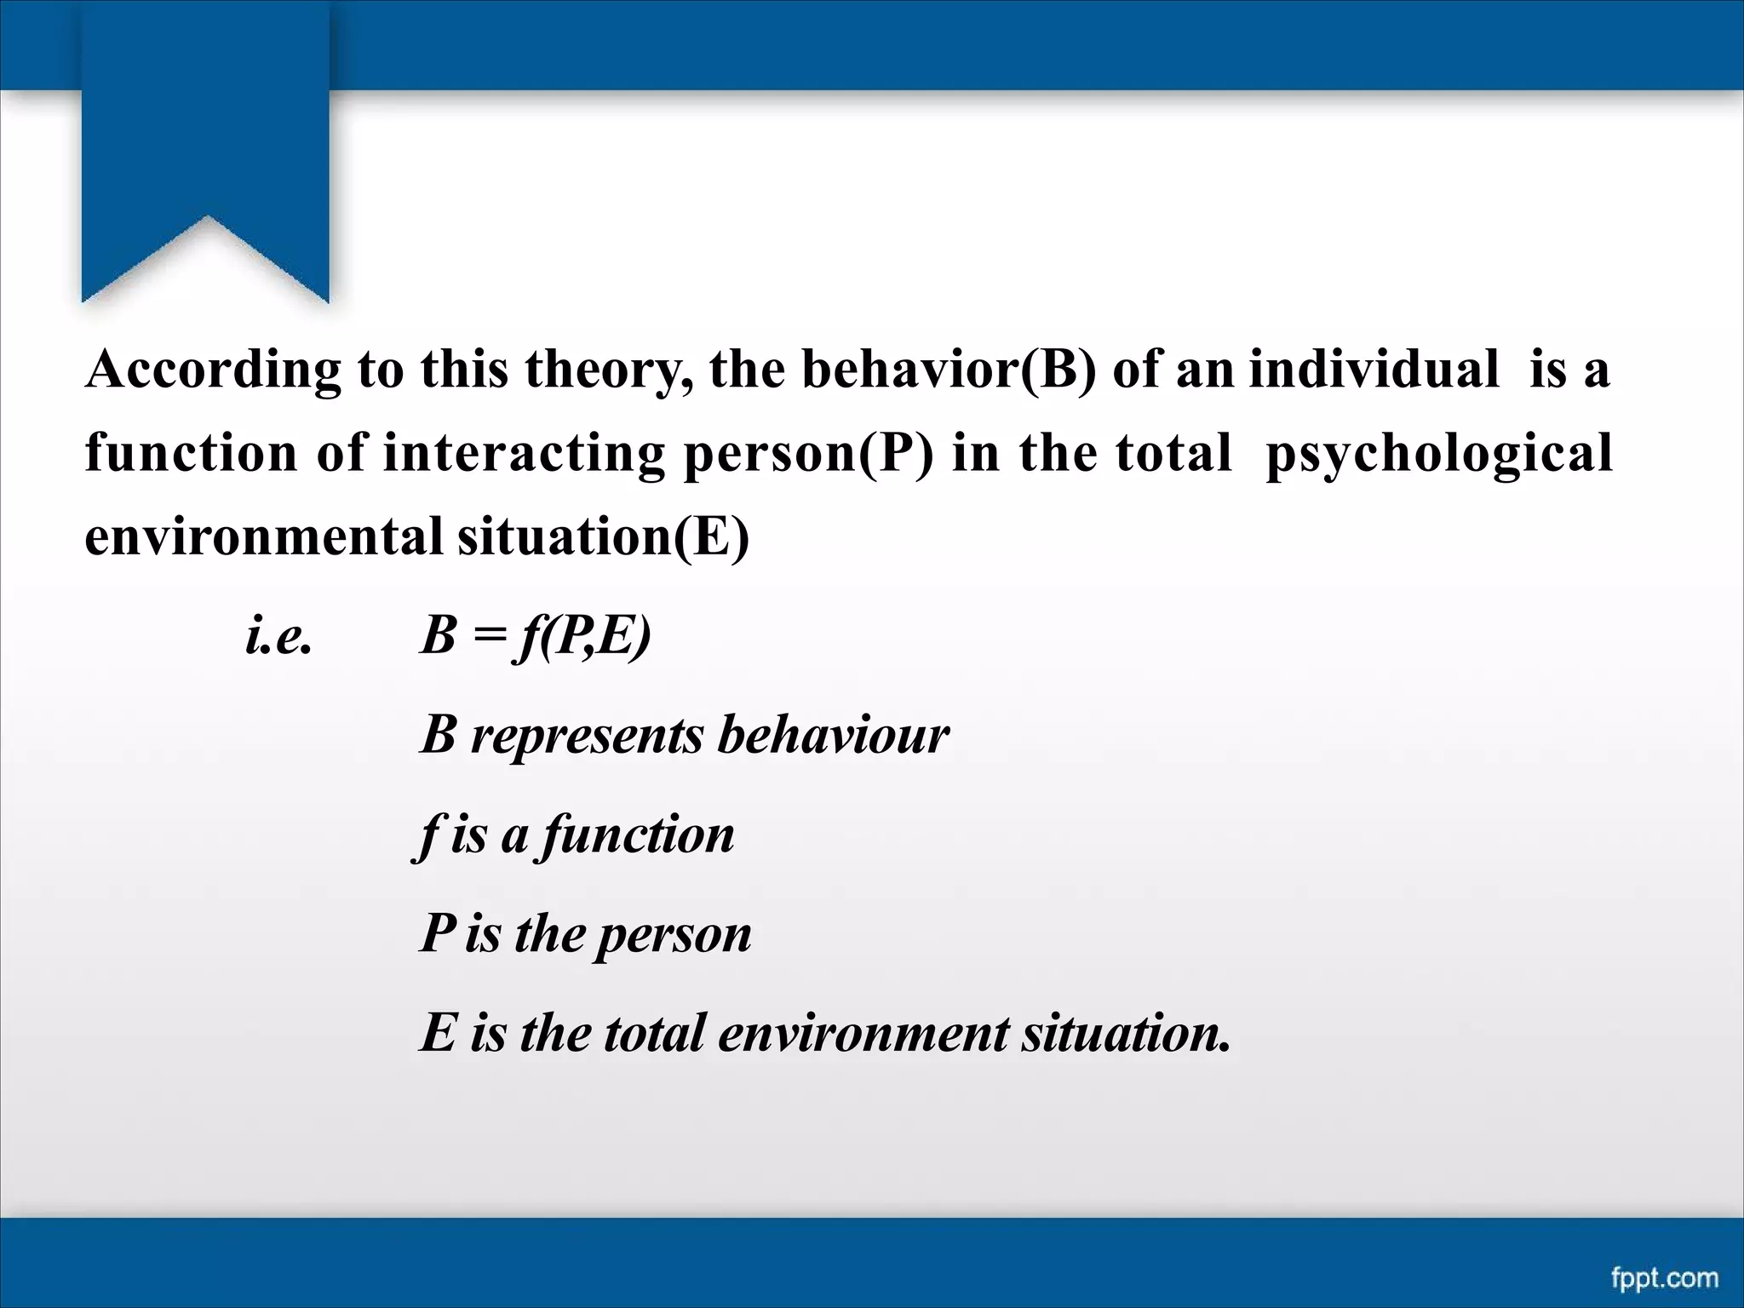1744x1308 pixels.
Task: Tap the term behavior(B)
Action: (949, 370)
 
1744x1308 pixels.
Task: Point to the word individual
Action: (1374, 370)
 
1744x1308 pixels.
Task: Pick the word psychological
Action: (1439, 453)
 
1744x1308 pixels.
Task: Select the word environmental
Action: (263, 536)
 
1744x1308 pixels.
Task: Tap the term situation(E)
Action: (603, 536)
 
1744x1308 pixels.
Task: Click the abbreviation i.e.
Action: (278, 636)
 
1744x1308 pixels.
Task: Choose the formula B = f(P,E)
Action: (536, 636)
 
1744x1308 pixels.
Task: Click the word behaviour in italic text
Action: (833, 735)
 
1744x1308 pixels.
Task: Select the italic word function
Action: (637, 835)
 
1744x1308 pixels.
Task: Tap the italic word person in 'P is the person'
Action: (673, 934)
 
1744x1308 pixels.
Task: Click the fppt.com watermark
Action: (1665, 1277)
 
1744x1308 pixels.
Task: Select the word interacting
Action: (523, 453)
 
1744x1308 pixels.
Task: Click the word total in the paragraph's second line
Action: (1174, 453)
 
